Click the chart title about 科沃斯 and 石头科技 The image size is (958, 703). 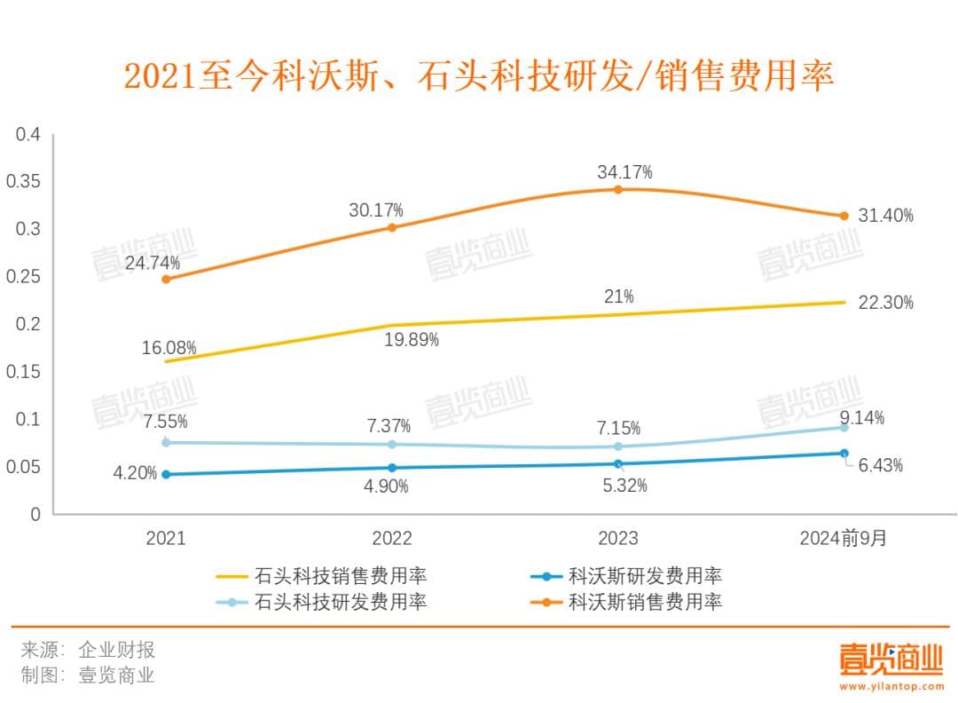pos(478,76)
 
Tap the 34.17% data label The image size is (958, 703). pos(624,171)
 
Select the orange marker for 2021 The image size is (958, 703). pos(166,279)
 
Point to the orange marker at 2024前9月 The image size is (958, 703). pos(844,216)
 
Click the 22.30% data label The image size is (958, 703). pos(885,303)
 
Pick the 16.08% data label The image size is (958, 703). pos(169,348)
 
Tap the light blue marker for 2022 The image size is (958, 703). pos(392,445)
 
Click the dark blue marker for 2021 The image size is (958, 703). pos(166,474)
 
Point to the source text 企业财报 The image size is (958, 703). pos(116,650)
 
